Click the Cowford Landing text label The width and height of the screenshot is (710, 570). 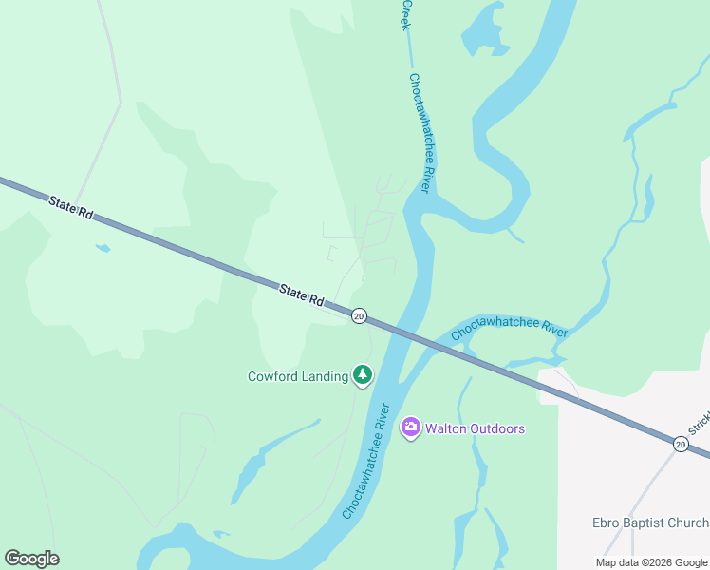(x=298, y=376)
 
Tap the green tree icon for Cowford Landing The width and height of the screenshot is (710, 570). (x=362, y=375)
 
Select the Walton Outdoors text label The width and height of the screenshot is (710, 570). (x=474, y=428)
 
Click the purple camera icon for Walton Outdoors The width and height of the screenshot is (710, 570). (x=410, y=428)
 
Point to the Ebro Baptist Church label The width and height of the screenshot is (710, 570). (x=648, y=523)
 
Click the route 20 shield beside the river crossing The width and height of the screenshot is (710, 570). (x=358, y=315)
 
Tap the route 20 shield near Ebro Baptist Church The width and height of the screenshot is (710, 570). (x=681, y=444)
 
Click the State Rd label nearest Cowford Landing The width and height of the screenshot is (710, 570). (x=302, y=294)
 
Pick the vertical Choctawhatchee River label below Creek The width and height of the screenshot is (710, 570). (x=420, y=133)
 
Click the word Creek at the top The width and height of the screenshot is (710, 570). (x=406, y=13)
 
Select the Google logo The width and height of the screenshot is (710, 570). (x=31, y=559)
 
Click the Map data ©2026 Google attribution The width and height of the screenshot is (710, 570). (x=651, y=562)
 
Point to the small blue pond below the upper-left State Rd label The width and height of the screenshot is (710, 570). (x=103, y=249)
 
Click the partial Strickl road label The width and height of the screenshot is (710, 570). (x=699, y=424)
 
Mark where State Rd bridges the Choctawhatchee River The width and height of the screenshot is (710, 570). (x=399, y=332)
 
